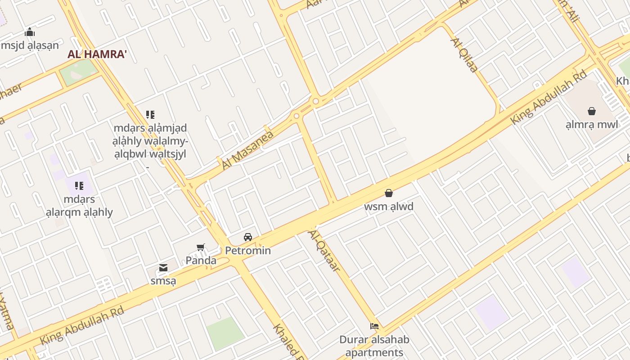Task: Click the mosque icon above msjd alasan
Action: point(30,32)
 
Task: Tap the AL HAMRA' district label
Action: point(97,54)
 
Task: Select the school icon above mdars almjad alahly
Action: point(150,115)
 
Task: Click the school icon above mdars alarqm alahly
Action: point(79,185)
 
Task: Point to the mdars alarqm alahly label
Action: point(79,206)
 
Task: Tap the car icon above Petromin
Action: point(248,237)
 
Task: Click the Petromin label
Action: point(248,250)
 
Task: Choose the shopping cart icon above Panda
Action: point(201,247)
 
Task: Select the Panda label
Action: point(201,260)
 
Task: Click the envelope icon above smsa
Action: point(163,268)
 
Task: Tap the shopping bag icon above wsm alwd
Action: point(389,193)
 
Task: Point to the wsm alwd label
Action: point(389,207)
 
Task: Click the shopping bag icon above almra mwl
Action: point(592,111)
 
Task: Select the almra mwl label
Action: point(592,124)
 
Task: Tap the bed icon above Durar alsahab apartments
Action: point(374,326)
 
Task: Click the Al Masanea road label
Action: point(247,151)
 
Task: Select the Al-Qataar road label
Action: point(324,250)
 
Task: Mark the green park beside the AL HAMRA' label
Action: point(79,72)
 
